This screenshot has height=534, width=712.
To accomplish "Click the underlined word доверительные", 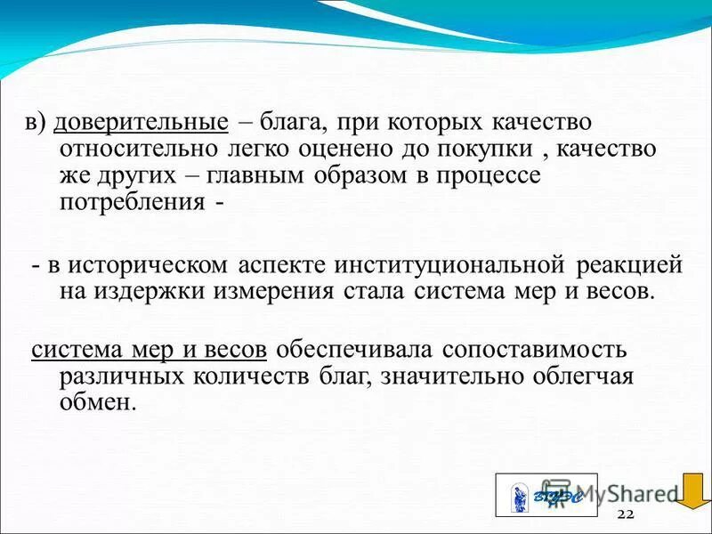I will [142, 122].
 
